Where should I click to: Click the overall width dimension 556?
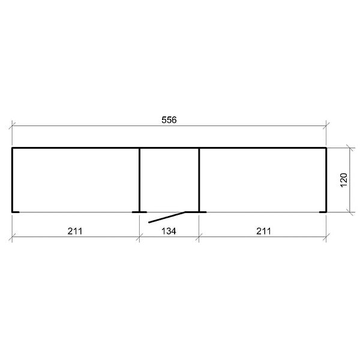pos(169,120)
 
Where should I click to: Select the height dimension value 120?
pos(343,180)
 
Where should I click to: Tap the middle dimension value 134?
pos(169,231)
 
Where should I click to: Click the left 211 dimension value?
pos(75,231)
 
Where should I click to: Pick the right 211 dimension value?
pos(263,231)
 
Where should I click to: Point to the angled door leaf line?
pos(167,217)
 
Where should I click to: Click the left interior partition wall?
pos(139,180)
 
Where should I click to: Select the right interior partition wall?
pos(199,180)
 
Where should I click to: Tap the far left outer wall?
pos(12,180)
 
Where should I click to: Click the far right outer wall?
pos(326,180)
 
